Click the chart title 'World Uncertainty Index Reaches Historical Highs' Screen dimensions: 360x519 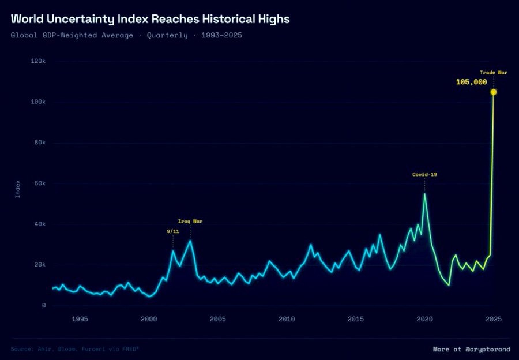150,19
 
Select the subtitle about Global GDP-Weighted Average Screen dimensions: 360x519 126,35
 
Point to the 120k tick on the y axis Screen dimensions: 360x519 37,61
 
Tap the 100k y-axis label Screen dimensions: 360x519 37,102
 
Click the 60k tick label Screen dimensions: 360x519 39,183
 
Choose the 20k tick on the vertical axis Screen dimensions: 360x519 39,265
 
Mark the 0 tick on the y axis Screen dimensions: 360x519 43,306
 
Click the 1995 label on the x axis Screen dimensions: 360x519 80,319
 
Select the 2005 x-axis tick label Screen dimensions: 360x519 217,319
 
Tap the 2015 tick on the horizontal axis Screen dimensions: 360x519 356,319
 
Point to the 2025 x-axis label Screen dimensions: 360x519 494,319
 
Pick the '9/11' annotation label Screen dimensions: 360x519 172,231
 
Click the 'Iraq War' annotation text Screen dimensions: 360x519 190,221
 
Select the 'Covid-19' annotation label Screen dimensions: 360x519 424,174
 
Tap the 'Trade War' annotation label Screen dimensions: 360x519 494,72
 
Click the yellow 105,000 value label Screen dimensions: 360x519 471,82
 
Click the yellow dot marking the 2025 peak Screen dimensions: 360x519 494,92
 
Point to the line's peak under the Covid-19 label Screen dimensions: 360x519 425,194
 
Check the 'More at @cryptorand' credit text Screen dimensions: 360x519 471,349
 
